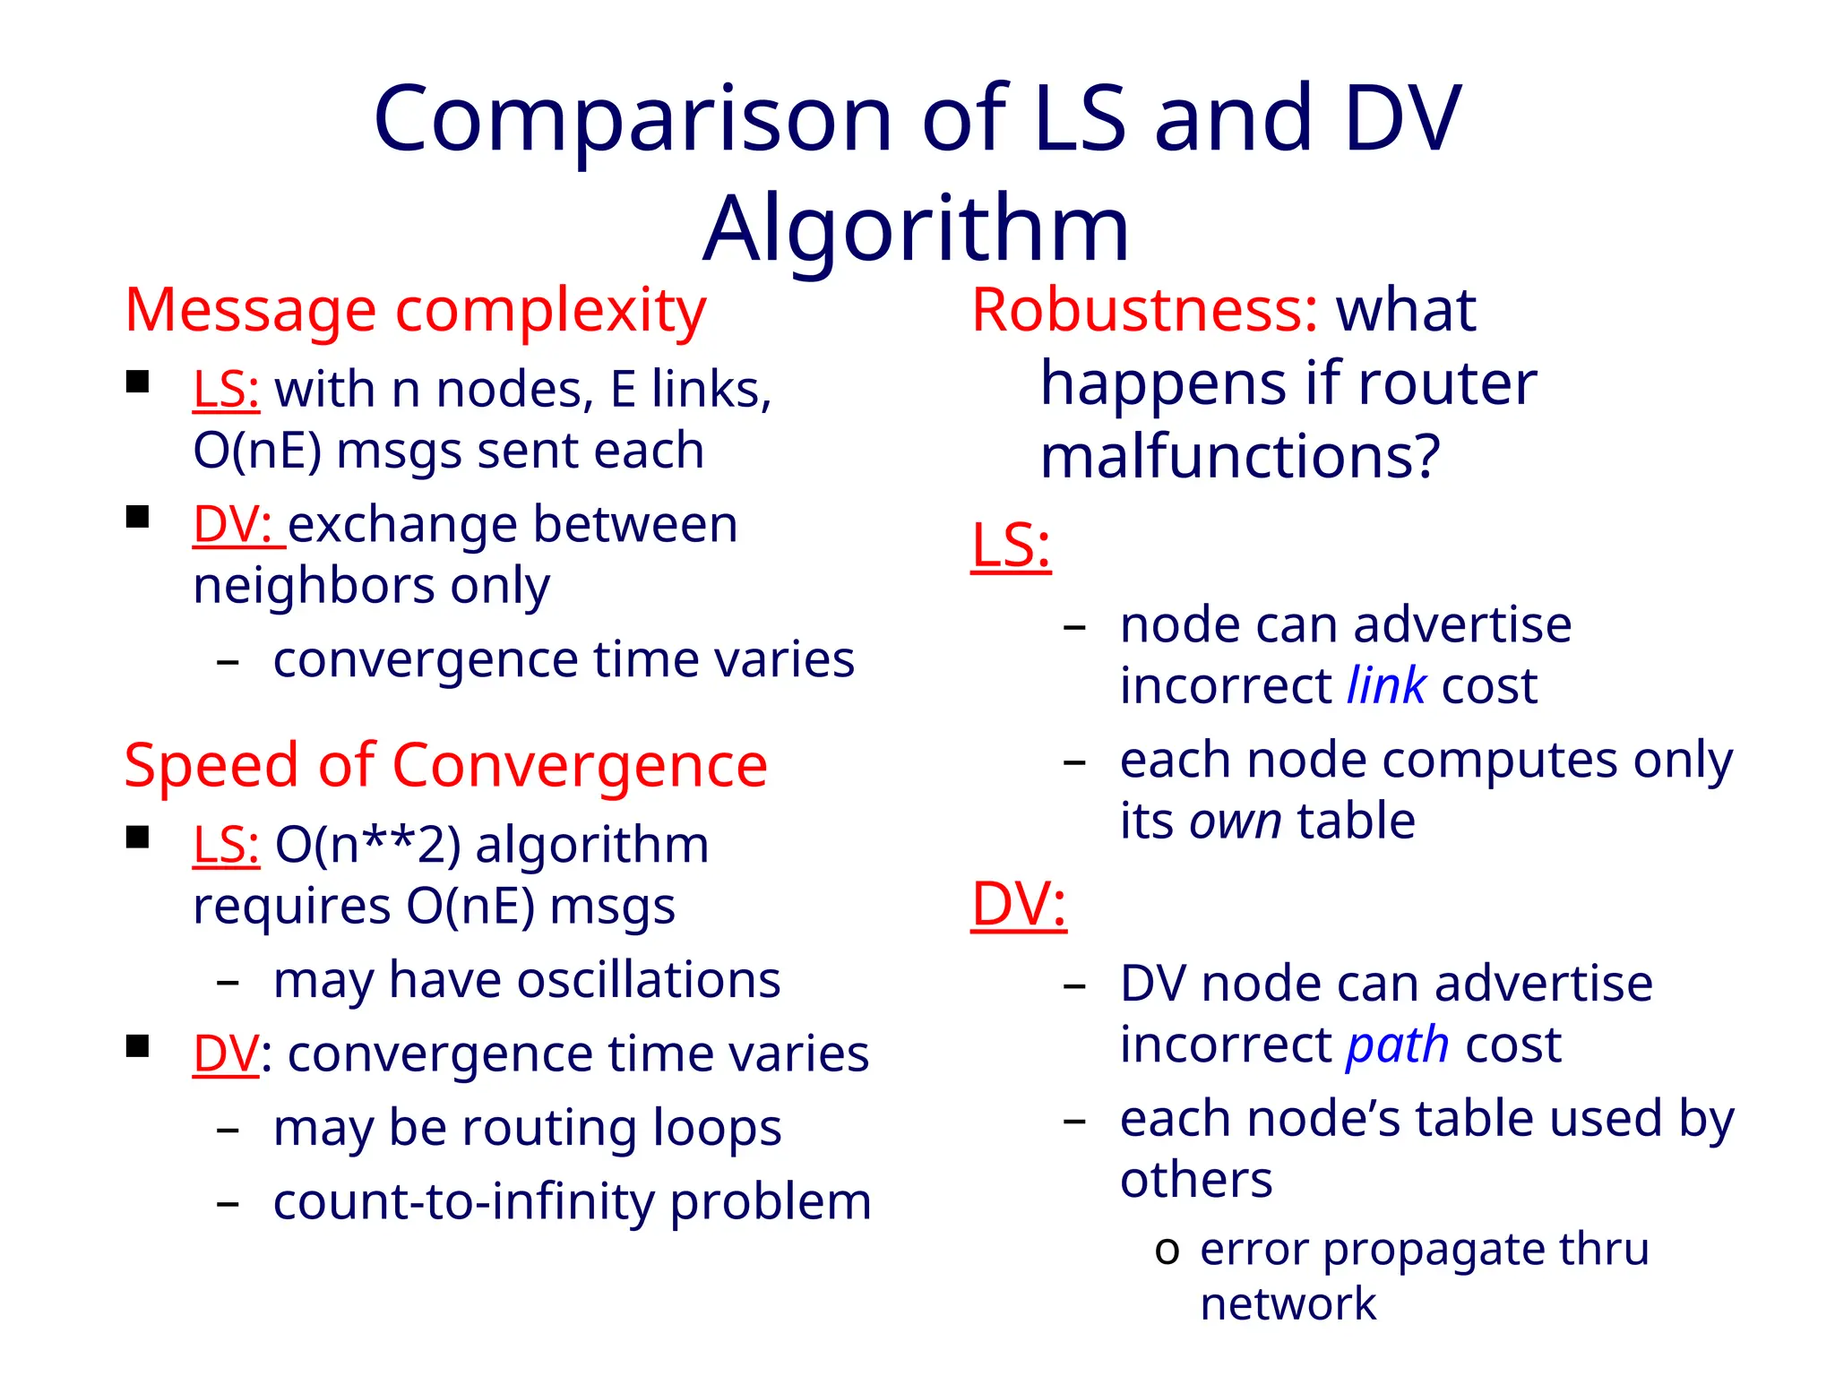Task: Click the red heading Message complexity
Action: click(415, 311)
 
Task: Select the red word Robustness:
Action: click(1144, 311)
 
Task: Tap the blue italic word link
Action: click(1386, 686)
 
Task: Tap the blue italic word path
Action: click(1397, 1045)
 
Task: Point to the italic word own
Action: click(1236, 821)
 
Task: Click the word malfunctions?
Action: click(1239, 457)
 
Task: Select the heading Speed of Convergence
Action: click(445, 766)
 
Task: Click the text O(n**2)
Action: click(367, 845)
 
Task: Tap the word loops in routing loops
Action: click(717, 1128)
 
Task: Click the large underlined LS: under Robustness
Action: click(1011, 546)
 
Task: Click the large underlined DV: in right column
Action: click(1019, 904)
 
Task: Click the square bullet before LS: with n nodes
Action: click(137, 383)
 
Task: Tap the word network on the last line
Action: click(1287, 1304)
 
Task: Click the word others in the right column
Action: click(1195, 1180)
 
